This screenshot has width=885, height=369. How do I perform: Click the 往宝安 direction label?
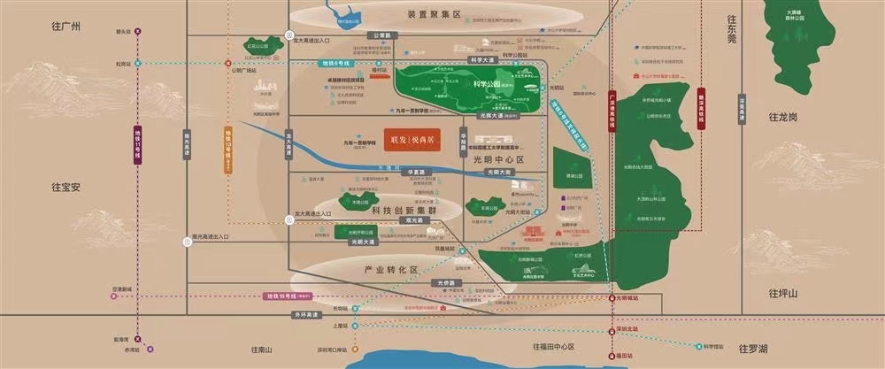(x=66, y=187)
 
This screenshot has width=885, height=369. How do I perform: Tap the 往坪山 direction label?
(x=782, y=294)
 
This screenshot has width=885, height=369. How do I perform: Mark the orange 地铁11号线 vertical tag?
(x=137, y=146)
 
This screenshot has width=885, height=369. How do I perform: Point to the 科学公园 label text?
(x=487, y=84)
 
